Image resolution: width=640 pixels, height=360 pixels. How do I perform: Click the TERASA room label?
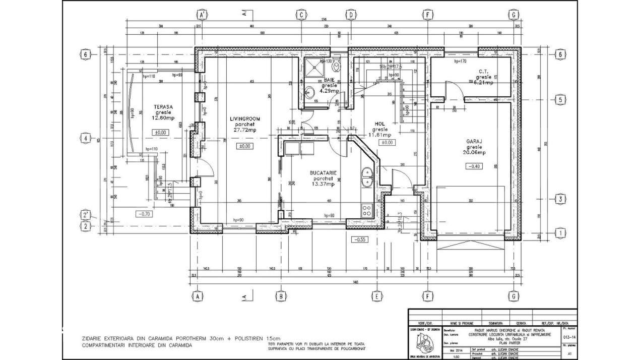click(x=164, y=107)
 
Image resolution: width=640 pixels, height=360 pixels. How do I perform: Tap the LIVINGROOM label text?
click(x=245, y=119)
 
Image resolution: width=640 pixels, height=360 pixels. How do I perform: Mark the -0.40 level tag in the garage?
click(x=474, y=166)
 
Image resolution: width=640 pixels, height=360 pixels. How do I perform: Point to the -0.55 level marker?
click(x=360, y=239)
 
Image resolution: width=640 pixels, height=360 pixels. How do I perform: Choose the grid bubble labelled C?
click(x=301, y=15)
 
